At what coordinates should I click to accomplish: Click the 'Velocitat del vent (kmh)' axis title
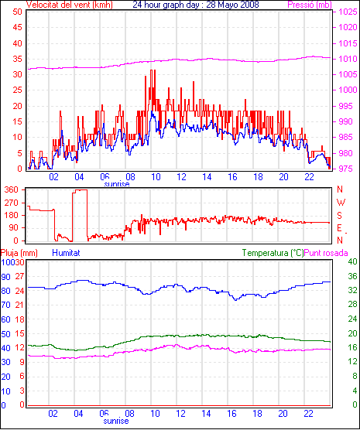pos(69,5)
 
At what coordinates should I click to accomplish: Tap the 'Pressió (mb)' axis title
pos(310,5)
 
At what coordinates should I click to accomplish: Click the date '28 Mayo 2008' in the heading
pos(232,5)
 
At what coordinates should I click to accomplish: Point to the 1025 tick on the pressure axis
pos(348,12)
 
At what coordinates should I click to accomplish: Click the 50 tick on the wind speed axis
pos(17,12)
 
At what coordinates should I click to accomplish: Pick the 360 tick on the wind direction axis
pos(12,189)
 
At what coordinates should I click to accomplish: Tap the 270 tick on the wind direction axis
pos(12,203)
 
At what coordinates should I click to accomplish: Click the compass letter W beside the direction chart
pos(341,203)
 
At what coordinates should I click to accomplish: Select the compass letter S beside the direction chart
pos(340,216)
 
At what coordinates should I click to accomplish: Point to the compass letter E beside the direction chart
pos(339,228)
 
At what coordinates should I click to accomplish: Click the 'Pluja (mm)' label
pos(19,253)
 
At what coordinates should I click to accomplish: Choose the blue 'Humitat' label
pos(66,253)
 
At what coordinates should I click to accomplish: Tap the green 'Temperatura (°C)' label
pos(273,253)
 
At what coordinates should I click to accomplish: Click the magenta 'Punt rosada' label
pos(326,253)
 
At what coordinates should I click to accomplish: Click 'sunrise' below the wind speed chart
pos(117,184)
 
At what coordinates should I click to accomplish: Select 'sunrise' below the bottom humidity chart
pos(116,421)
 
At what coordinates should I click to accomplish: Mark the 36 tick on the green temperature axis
pos(352,276)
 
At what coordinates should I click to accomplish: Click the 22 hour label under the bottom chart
pos(309,413)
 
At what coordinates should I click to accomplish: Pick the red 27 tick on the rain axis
pos(19,276)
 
